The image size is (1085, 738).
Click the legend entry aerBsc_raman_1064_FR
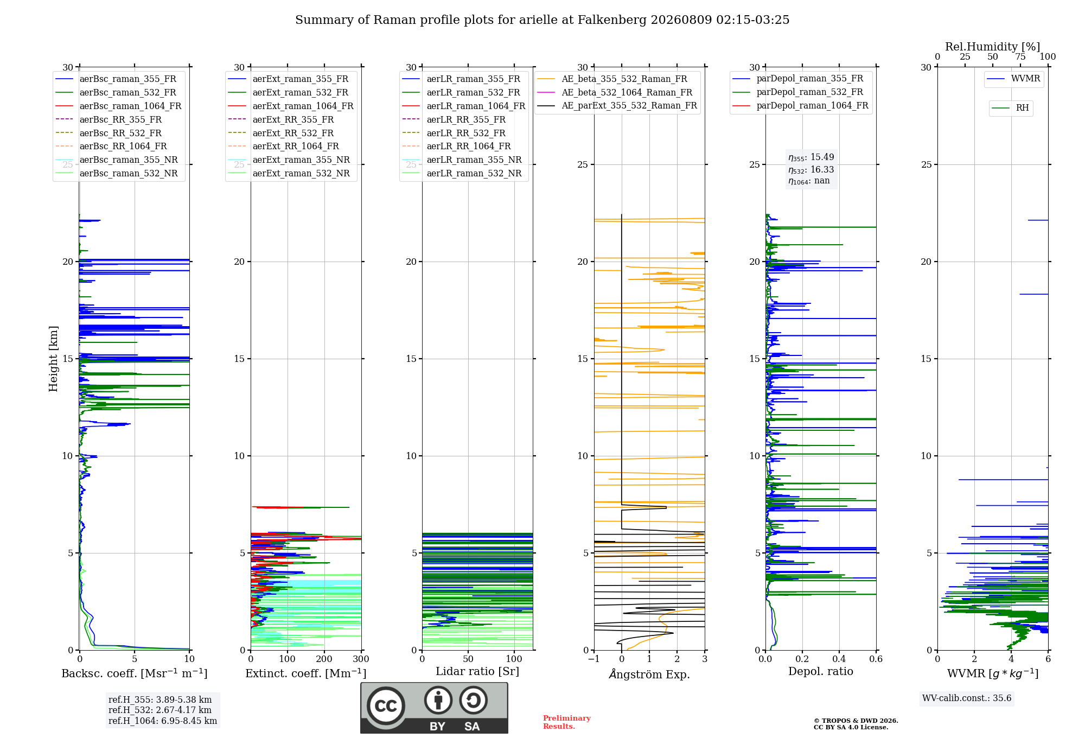(x=118, y=106)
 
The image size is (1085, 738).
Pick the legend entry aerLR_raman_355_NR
(x=462, y=160)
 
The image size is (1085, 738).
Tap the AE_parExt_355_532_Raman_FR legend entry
(x=617, y=106)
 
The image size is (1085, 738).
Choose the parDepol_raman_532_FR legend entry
(x=798, y=92)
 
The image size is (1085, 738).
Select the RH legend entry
(x=1010, y=108)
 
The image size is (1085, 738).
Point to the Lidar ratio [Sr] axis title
(x=477, y=671)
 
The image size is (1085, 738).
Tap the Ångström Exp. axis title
(x=649, y=674)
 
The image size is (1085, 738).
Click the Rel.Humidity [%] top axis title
(x=993, y=47)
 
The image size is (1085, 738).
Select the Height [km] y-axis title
(x=53, y=359)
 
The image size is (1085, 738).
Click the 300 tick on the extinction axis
(x=361, y=659)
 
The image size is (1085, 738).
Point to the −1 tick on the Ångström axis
(x=593, y=659)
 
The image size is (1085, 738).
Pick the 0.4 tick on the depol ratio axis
(x=839, y=659)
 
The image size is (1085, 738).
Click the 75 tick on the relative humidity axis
(x=1020, y=57)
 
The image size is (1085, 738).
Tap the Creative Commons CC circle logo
(x=386, y=705)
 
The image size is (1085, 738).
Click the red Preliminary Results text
(x=567, y=722)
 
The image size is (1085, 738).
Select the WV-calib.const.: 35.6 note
(x=967, y=698)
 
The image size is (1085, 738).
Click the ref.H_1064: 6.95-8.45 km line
(x=163, y=721)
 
